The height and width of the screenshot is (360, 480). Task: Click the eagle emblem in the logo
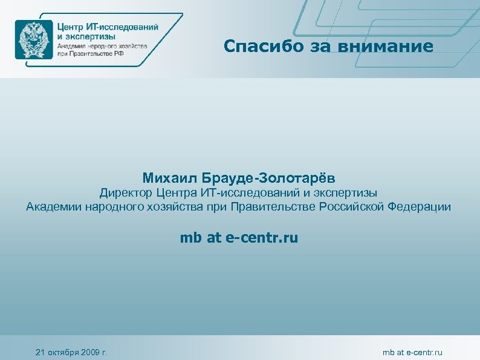point(34,39)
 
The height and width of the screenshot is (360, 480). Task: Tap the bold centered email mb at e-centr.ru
point(239,238)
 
